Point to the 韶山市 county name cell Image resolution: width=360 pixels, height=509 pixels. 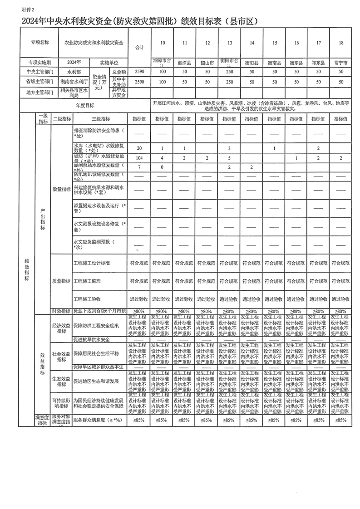click(207, 63)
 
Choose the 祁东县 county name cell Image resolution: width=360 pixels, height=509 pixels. click(318, 63)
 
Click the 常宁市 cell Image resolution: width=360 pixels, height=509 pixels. click(340, 63)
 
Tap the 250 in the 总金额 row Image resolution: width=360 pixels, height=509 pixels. click(229, 72)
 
